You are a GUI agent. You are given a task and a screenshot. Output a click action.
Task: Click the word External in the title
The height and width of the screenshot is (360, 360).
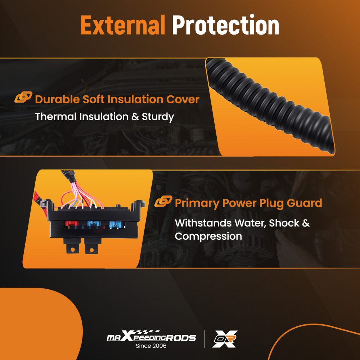[123, 25]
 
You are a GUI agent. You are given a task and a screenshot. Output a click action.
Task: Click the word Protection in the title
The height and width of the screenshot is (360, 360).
[226, 24]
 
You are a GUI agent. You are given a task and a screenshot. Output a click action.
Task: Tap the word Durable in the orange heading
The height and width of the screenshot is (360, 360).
[57, 99]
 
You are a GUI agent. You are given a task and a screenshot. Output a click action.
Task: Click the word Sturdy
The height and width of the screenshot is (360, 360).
[158, 117]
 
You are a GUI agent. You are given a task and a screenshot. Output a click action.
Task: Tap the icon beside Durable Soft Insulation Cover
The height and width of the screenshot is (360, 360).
[23, 97]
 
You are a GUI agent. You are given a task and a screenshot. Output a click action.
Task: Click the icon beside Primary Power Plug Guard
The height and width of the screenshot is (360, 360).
[163, 201]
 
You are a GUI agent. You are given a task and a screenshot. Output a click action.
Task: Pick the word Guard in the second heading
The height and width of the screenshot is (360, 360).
[305, 203]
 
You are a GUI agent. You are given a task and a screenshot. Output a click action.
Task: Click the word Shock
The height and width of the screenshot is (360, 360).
[284, 223]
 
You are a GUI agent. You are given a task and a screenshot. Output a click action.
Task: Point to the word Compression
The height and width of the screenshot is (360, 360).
[208, 237]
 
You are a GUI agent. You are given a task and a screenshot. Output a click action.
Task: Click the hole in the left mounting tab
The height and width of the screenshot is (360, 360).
[73, 249]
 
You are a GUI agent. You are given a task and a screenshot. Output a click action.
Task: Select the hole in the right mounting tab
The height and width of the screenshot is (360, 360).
[91, 250]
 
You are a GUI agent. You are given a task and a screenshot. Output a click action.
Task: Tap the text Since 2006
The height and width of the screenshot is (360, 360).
[151, 346]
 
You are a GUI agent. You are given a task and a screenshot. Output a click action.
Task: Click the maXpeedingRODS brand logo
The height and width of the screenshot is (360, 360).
[151, 337]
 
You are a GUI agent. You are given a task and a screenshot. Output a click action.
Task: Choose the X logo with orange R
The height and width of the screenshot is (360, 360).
[225, 339]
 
